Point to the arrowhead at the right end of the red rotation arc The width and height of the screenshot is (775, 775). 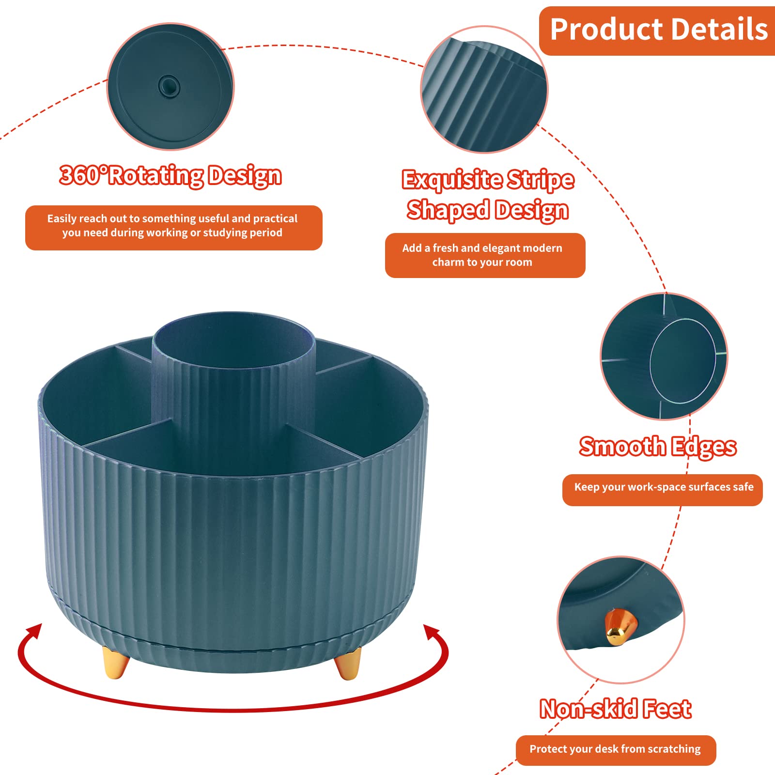[x=432, y=633]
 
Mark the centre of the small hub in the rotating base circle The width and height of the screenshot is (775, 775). [x=169, y=87]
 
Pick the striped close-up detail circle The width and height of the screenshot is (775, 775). [x=484, y=90]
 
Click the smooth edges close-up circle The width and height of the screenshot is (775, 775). [x=664, y=356]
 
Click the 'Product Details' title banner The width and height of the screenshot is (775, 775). [x=657, y=31]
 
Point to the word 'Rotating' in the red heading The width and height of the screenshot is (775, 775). [x=155, y=175]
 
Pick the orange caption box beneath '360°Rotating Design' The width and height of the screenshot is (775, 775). [x=173, y=228]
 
